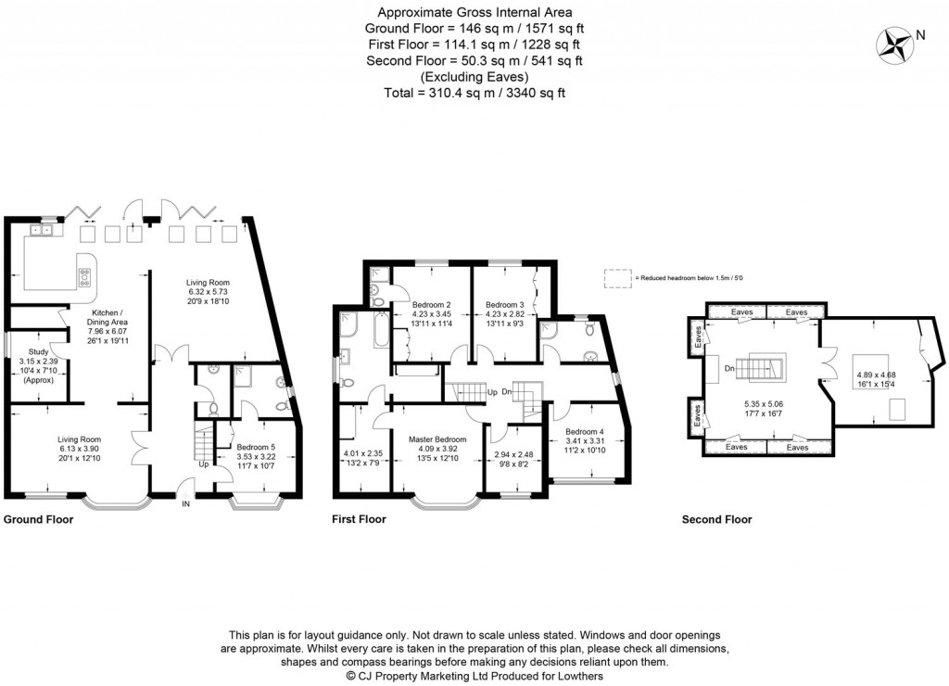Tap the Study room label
pyautogui.click(x=39, y=351)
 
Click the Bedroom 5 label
pyautogui.click(x=255, y=447)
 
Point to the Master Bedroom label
pyautogui.click(x=437, y=439)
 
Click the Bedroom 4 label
pyautogui.click(x=584, y=431)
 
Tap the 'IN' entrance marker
pyautogui.click(x=186, y=504)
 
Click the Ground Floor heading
pyautogui.click(x=39, y=520)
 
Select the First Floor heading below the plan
pyautogui.click(x=359, y=520)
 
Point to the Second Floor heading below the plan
pyautogui.click(x=716, y=520)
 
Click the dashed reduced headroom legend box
pyautogui.click(x=615, y=277)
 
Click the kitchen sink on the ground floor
pyautogui.click(x=41, y=230)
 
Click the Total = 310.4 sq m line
pyautogui.click(x=474, y=93)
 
